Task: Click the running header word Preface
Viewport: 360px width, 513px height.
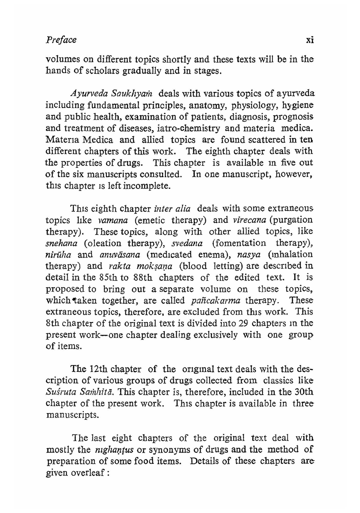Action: coord(61,40)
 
